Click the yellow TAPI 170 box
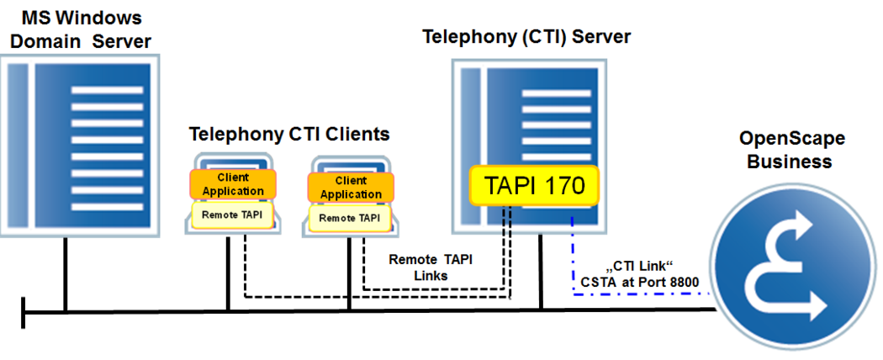coord(533,184)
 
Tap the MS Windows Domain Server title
coord(81,29)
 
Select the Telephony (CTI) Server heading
coord(526,37)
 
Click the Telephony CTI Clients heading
coord(289,134)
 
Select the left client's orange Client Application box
coord(233,184)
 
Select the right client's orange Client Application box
coord(351,188)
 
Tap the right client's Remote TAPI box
coord(349,218)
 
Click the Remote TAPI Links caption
coord(431,267)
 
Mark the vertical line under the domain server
coord(65,273)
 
